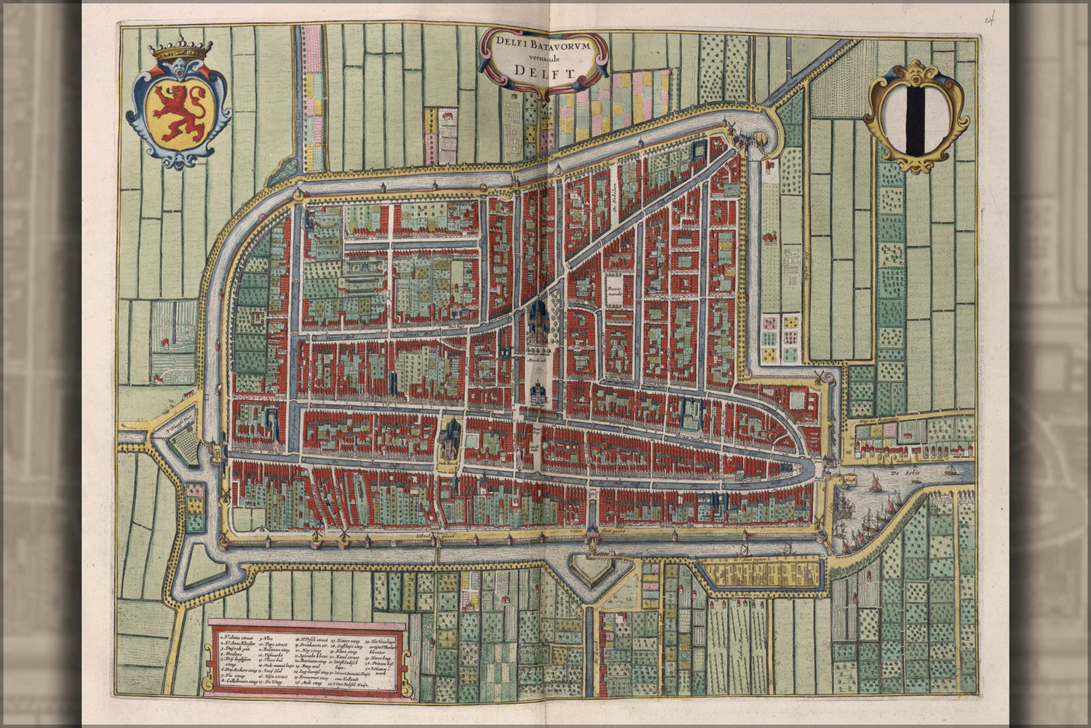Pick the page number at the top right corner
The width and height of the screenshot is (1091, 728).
point(991,19)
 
